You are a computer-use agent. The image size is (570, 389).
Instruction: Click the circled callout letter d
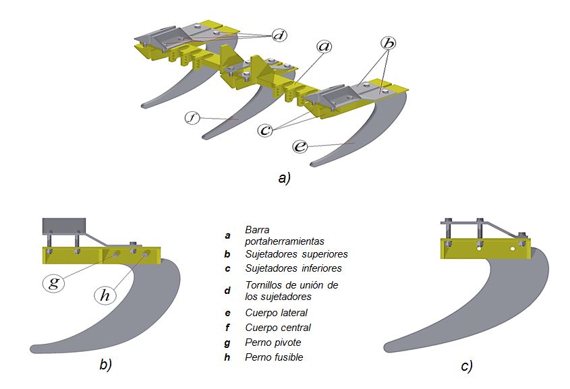280,34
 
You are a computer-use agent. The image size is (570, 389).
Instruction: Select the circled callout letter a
324,47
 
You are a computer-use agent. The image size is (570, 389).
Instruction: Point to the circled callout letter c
266,129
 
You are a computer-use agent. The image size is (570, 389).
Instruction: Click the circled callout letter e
300,146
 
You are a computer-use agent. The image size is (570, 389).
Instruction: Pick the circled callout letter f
193,119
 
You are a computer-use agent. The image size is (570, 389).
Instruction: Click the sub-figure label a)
284,178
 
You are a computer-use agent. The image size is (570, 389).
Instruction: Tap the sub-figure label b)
105,365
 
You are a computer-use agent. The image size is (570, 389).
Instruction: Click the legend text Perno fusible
274,357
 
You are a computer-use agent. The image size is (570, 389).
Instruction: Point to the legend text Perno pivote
273,342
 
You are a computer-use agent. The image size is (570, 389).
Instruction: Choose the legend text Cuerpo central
278,328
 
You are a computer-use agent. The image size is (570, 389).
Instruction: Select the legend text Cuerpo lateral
277,313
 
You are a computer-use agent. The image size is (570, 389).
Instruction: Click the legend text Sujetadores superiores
296,254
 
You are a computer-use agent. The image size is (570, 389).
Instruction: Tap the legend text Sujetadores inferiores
293,268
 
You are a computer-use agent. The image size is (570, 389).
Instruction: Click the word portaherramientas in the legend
285,241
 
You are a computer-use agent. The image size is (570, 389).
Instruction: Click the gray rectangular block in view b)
64,226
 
